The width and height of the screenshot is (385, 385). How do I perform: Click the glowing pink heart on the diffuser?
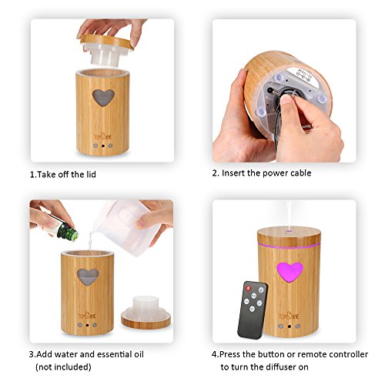[x=290, y=272]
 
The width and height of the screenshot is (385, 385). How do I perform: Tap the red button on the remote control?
[x=248, y=289]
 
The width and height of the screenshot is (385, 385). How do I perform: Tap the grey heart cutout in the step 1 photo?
[x=103, y=98]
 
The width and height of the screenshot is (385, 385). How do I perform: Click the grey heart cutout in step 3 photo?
[x=88, y=276]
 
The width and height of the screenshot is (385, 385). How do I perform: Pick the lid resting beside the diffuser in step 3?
[x=146, y=313]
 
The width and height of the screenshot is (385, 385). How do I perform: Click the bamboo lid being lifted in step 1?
[x=106, y=48]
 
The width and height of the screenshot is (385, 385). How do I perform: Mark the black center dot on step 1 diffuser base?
[x=103, y=146]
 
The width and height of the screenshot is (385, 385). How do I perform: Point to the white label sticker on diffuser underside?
[x=303, y=76]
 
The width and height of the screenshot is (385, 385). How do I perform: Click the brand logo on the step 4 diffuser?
[x=289, y=316]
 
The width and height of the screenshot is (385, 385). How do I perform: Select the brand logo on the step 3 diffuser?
[x=87, y=315]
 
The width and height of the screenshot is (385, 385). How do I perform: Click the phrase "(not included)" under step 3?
[x=63, y=367]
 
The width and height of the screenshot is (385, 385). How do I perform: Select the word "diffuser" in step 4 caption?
[x=281, y=367]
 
